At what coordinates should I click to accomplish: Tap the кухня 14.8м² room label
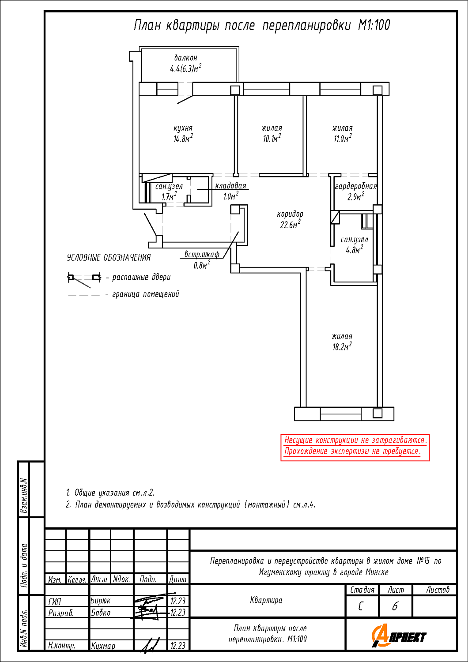click(x=183, y=134)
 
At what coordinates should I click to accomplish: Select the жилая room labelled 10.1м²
click(x=272, y=134)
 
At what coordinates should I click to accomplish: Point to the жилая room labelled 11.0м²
click(x=343, y=134)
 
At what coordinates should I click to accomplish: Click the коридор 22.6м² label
click(x=290, y=220)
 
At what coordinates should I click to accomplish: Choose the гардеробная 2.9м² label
click(x=356, y=192)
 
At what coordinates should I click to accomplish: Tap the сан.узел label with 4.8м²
click(x=354, y=245)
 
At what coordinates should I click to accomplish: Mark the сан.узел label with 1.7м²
click(x=169, y=192)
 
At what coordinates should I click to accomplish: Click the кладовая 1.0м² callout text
click(x=230, y=191)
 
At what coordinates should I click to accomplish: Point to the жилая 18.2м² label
click(x=342, y=342)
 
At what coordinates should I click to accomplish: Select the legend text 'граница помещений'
click(x=146, y=294)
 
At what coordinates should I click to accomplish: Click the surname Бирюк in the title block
click(x=101, y=601)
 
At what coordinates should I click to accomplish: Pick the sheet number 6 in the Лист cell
click(x=395, y=606)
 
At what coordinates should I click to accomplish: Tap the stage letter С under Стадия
click(x=361, y=606)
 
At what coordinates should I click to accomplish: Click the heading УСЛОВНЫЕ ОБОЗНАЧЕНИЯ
click(x=109, y=257)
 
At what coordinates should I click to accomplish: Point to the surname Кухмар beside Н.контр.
click(x=103, y=646)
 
